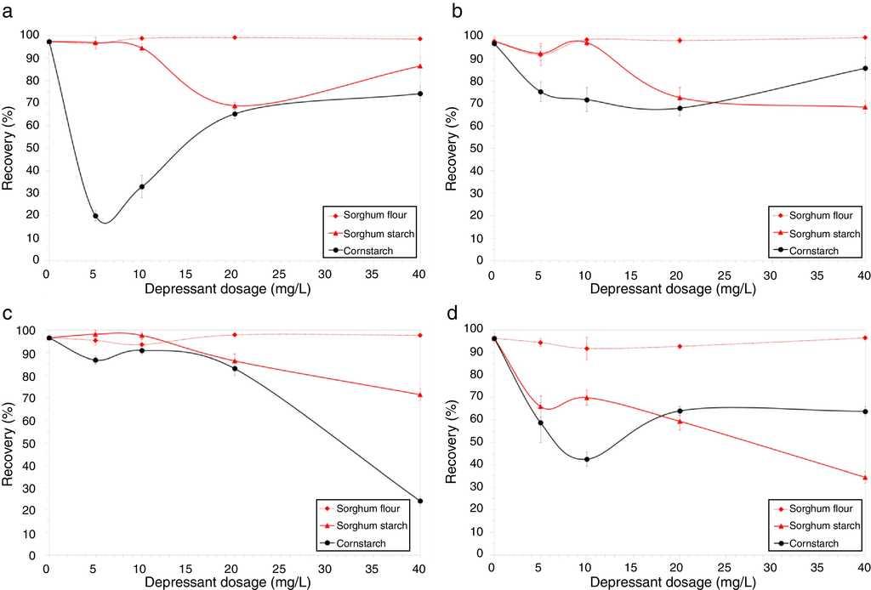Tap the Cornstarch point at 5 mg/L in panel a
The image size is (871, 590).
[x=95, y=216]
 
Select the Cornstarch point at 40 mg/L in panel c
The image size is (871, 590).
[x=420, y=501]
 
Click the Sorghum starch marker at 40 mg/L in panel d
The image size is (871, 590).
[x=864, y=478]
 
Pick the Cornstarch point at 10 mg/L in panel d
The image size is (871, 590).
[x=586, y=460]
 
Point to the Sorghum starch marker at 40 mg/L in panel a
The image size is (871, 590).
[x=420, y=66]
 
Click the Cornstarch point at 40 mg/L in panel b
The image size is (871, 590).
[x=864, y=68]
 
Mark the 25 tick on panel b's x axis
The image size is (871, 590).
[x=723, y=275]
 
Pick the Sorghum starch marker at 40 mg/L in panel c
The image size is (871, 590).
[x=420, y=394]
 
